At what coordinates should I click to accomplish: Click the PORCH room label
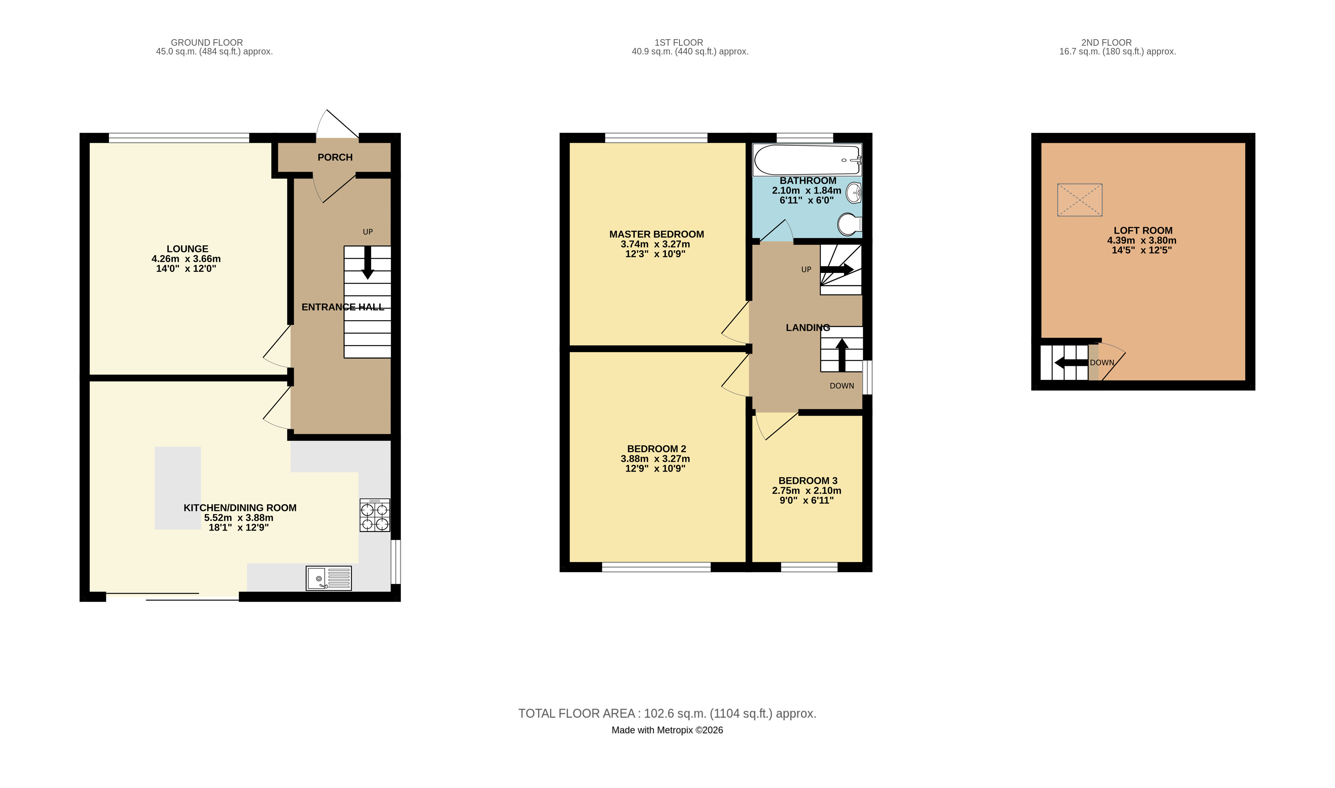click(335, 157)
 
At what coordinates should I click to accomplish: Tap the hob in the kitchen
click(375, 515)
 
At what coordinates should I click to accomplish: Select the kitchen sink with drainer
click(329, 578)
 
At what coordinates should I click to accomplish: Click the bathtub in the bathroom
click(807, 160)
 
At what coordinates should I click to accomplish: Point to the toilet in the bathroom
click(850, 225)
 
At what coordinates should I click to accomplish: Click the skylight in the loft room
click(1080, 199)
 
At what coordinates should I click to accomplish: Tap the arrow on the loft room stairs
click(1071, 363)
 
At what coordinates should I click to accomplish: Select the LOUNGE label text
click(187, 249)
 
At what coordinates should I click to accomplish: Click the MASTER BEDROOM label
click(657, 234)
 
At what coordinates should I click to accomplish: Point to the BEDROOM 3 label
click(808, 480)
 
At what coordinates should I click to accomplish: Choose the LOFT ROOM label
click(1143, 230)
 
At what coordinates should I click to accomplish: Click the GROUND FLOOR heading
click(207, 43)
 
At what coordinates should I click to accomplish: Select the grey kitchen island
click(178, 488)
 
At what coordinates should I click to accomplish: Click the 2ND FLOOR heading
click(1106, 43)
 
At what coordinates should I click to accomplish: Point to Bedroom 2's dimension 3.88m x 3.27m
click(656, 459)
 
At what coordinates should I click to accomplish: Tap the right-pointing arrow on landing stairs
click(837, 269)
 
